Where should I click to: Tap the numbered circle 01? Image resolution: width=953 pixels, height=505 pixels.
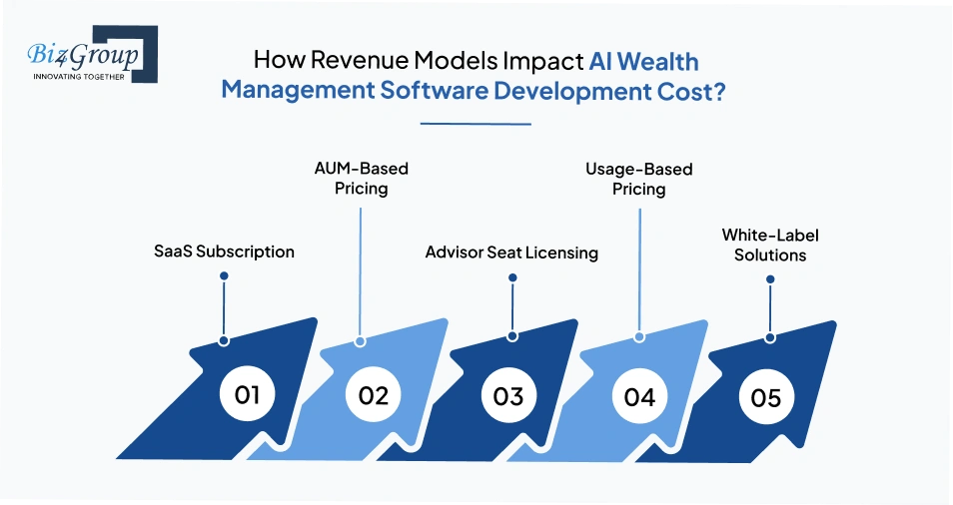[247, 394]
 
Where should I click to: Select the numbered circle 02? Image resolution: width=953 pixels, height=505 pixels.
[373, 395]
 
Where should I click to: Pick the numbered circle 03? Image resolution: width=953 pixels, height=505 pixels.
[508, 396]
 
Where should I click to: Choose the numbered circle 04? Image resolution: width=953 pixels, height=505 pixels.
[639, 396]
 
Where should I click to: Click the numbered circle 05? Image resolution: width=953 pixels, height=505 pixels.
[766, 397]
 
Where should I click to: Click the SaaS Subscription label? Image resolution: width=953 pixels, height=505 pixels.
[225, 252]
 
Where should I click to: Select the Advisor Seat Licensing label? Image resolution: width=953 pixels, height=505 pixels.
[511, 252]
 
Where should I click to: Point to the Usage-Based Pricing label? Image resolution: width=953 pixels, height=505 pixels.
[639, 178]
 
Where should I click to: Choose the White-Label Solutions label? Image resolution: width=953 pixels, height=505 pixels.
[764, 245]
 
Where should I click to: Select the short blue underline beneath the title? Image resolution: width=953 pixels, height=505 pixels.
[476, 125]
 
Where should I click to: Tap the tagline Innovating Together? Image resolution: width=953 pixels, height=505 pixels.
[80, 76]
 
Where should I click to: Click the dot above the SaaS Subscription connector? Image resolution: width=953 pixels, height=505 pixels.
[225, 274]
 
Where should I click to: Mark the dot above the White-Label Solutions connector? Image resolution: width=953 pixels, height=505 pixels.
[770, 279]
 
